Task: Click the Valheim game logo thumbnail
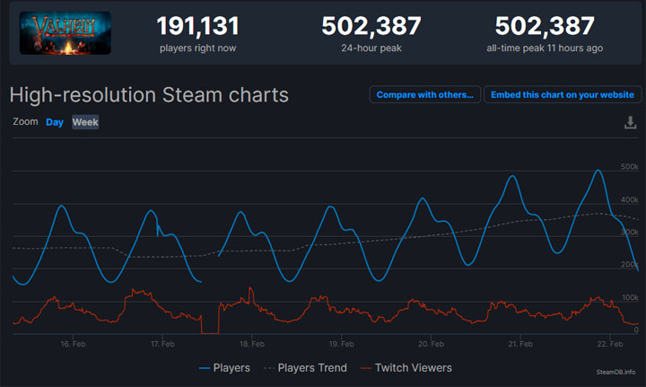click(65, 32)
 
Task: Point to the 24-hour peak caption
click(371, 48)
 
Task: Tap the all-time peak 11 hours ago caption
click(545, 48)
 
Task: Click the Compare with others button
click(424, 94)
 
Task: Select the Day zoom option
click(55, 122)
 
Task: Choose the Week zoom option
click(85, 122)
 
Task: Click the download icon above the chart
click(630, 122)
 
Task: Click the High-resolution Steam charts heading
click(149, 94)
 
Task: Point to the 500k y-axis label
click(629, 167)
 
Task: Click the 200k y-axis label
click(629, 264)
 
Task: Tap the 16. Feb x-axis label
click(73, 344)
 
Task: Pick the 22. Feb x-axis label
click(611, 344)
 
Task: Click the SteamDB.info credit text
click(615, 371)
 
